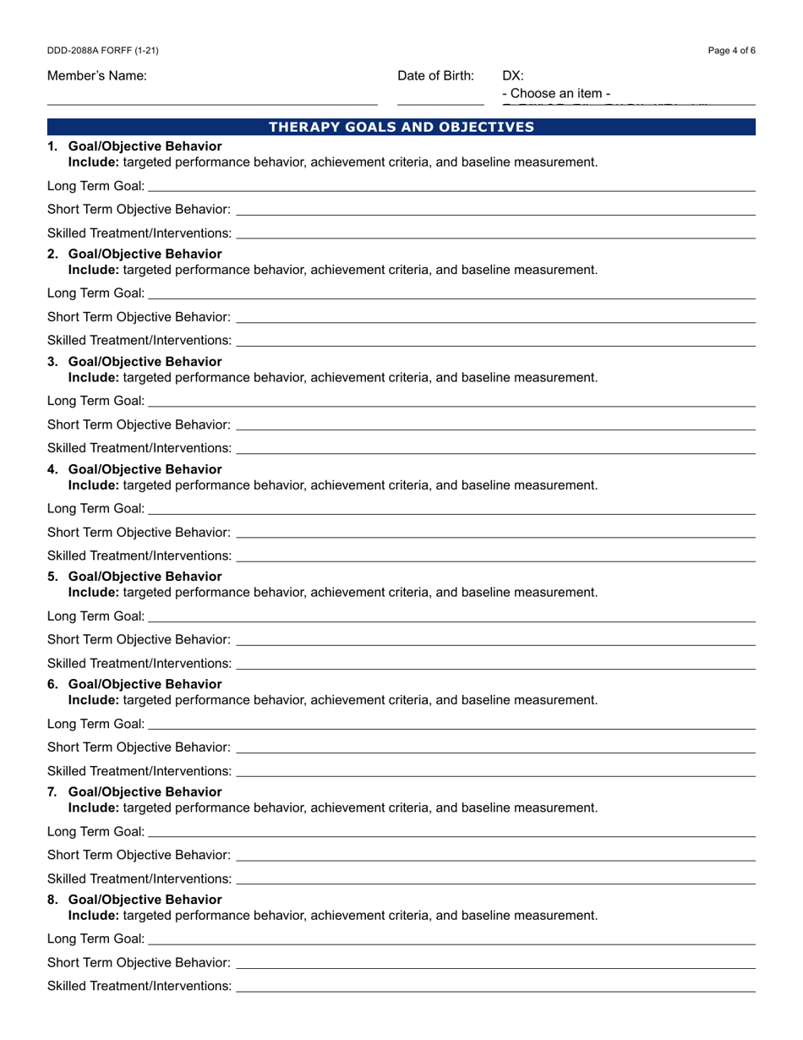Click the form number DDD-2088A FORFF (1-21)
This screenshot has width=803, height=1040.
pyautogui.click(x=102, y=51)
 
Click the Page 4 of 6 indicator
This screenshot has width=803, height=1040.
pyautogui.click(x=731, y=51)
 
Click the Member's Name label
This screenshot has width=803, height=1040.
pyautogui.click(x=97, y=76)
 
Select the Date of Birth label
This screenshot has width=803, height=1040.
pyautogui.click(x=435, y=76)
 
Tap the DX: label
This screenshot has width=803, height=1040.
pyautogui.click(x=513, y=76)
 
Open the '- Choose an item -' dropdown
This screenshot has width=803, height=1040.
pyautogui.click(x=556, y=94)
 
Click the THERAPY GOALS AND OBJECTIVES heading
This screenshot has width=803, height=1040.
pyautogui.click(x=401, y=128)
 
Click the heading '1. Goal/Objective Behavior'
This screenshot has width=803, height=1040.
pyautogui.click(x=135, y=146)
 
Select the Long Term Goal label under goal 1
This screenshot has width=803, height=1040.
pyautogui.click(x=96, y=186)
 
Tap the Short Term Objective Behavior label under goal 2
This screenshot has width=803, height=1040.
pyautogui.click(x=139, y=317)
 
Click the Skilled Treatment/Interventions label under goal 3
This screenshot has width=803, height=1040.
pyautogui.click(x=139, y=447)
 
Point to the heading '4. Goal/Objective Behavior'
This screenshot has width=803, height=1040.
pyautogui.click(x=135, y=469)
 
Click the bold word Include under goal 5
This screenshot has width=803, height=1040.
pyautogui.click(x=94, y=592)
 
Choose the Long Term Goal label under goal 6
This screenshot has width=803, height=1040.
pyautogui.click(x=96, y=724)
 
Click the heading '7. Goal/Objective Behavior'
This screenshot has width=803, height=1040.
pyautogui.click(x=135, y=792)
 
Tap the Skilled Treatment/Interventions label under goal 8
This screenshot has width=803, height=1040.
pyautogui.click(x=139, y=986)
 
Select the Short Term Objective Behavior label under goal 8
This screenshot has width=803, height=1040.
pyautogui.click(x=139, y=962)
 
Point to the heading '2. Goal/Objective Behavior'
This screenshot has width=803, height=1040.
pyautogui.click(x=135, y=255)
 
